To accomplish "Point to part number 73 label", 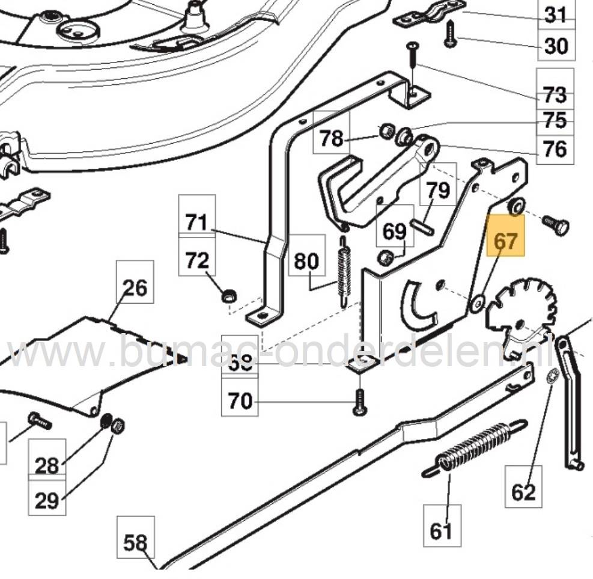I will click(554, 94).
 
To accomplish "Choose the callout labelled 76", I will click(554, 147).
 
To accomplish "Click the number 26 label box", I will click(135, 287).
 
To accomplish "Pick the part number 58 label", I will click(135, 543).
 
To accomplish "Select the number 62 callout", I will click(523, 491).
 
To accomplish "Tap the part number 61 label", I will click(441, 530).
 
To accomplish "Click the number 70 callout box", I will click(240, 400).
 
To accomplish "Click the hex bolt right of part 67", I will click(555, 227).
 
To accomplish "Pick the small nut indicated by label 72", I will click(228, 296).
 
